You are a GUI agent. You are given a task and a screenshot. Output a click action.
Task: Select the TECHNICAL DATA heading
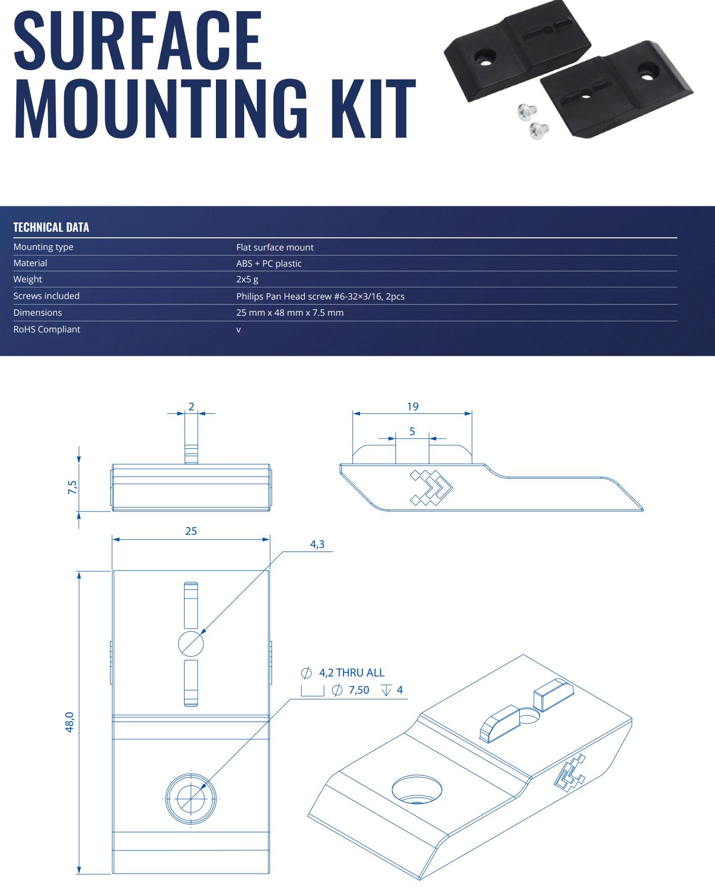(51, 227)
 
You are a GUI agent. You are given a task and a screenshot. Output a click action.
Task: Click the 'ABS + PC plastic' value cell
(269, 264)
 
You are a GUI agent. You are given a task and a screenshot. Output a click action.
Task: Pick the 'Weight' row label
(28, 279)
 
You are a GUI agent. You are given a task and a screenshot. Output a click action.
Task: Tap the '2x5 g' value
(247, 279)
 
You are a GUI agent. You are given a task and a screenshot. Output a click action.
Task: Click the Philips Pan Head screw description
(320, 296)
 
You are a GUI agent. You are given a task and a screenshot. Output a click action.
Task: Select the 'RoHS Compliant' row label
(47, 329)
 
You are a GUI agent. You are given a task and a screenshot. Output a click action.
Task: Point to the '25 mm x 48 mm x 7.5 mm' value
(290, 313)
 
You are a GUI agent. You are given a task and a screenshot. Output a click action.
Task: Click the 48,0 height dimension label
(70, 722)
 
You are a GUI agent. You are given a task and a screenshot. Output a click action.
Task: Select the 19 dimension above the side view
(413, 407)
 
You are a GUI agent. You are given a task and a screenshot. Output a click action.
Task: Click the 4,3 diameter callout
(317, 544)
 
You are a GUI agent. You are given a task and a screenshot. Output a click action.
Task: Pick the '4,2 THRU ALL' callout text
(351, 673)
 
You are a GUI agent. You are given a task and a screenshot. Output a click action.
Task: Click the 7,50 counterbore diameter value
(359, 690)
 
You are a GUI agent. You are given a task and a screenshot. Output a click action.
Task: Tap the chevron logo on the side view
(431, 487)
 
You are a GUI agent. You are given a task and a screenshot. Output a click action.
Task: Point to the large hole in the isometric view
(417, 788)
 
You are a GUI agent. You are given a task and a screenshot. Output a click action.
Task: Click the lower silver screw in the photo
(539, 131)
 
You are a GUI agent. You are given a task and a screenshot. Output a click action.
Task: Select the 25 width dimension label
(191, 531)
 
